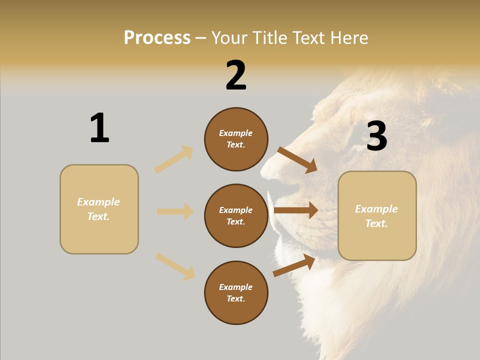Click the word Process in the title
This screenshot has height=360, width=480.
(x=157, y=38)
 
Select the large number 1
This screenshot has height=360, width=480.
(x=99, y=128)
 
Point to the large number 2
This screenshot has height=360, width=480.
(x=236, y=75)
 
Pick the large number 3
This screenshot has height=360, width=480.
(x=376, y=136)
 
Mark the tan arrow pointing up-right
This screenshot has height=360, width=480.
(x=174, y=159)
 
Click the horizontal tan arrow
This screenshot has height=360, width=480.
(x=175, y=211)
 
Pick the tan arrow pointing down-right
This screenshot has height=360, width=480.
(x=175, y=266)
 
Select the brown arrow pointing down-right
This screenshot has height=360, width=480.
(x=297, y=160)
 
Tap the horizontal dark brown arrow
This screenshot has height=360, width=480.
(x=296, y=210)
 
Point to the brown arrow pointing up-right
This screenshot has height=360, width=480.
(x=294, y=265)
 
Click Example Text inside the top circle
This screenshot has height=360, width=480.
(x=236, y=139)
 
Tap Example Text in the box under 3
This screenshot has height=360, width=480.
(x=376, y=216)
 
